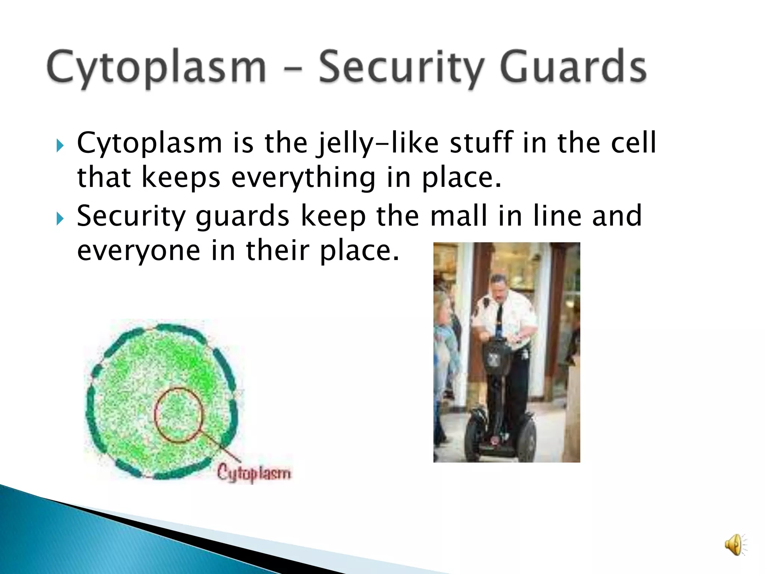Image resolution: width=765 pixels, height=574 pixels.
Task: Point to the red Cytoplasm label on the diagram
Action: pos(254,473)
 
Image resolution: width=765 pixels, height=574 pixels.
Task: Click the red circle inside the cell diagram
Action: pos(179,415)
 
